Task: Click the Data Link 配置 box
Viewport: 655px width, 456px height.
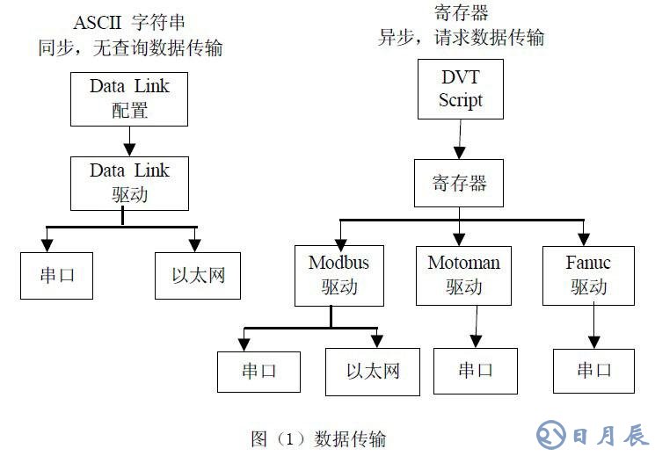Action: [129, 98]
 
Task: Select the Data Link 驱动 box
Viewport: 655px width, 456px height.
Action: [129, 182]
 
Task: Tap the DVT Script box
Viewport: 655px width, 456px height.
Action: [461, 89]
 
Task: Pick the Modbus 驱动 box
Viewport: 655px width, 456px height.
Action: [338, 275]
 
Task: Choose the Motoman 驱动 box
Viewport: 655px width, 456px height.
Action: [463, 275]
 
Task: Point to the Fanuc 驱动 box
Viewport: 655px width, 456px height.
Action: [588, 275]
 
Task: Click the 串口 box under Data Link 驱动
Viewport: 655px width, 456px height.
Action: [58, 275]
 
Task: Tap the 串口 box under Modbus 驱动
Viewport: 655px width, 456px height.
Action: [259, 370]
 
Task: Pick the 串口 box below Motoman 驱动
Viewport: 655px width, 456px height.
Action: [476, 370]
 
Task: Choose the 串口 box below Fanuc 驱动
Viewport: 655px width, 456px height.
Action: [594, 370]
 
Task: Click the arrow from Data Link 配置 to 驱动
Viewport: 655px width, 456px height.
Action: [129, 140]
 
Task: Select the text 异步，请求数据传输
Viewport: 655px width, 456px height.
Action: [461, 37]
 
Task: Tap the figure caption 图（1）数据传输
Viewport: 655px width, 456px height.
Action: [317, 438]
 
